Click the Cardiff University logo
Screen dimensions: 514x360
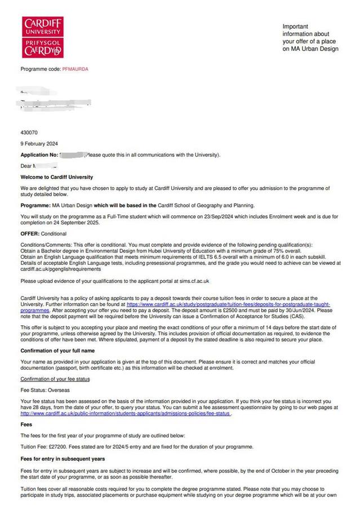point(42,37)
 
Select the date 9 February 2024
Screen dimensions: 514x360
point(39,144)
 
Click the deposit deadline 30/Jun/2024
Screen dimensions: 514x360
point(297,310)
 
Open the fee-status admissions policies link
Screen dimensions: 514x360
point(126,413)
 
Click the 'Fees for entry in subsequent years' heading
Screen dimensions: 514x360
point(63,459)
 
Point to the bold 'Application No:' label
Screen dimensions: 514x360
point(39,154)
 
